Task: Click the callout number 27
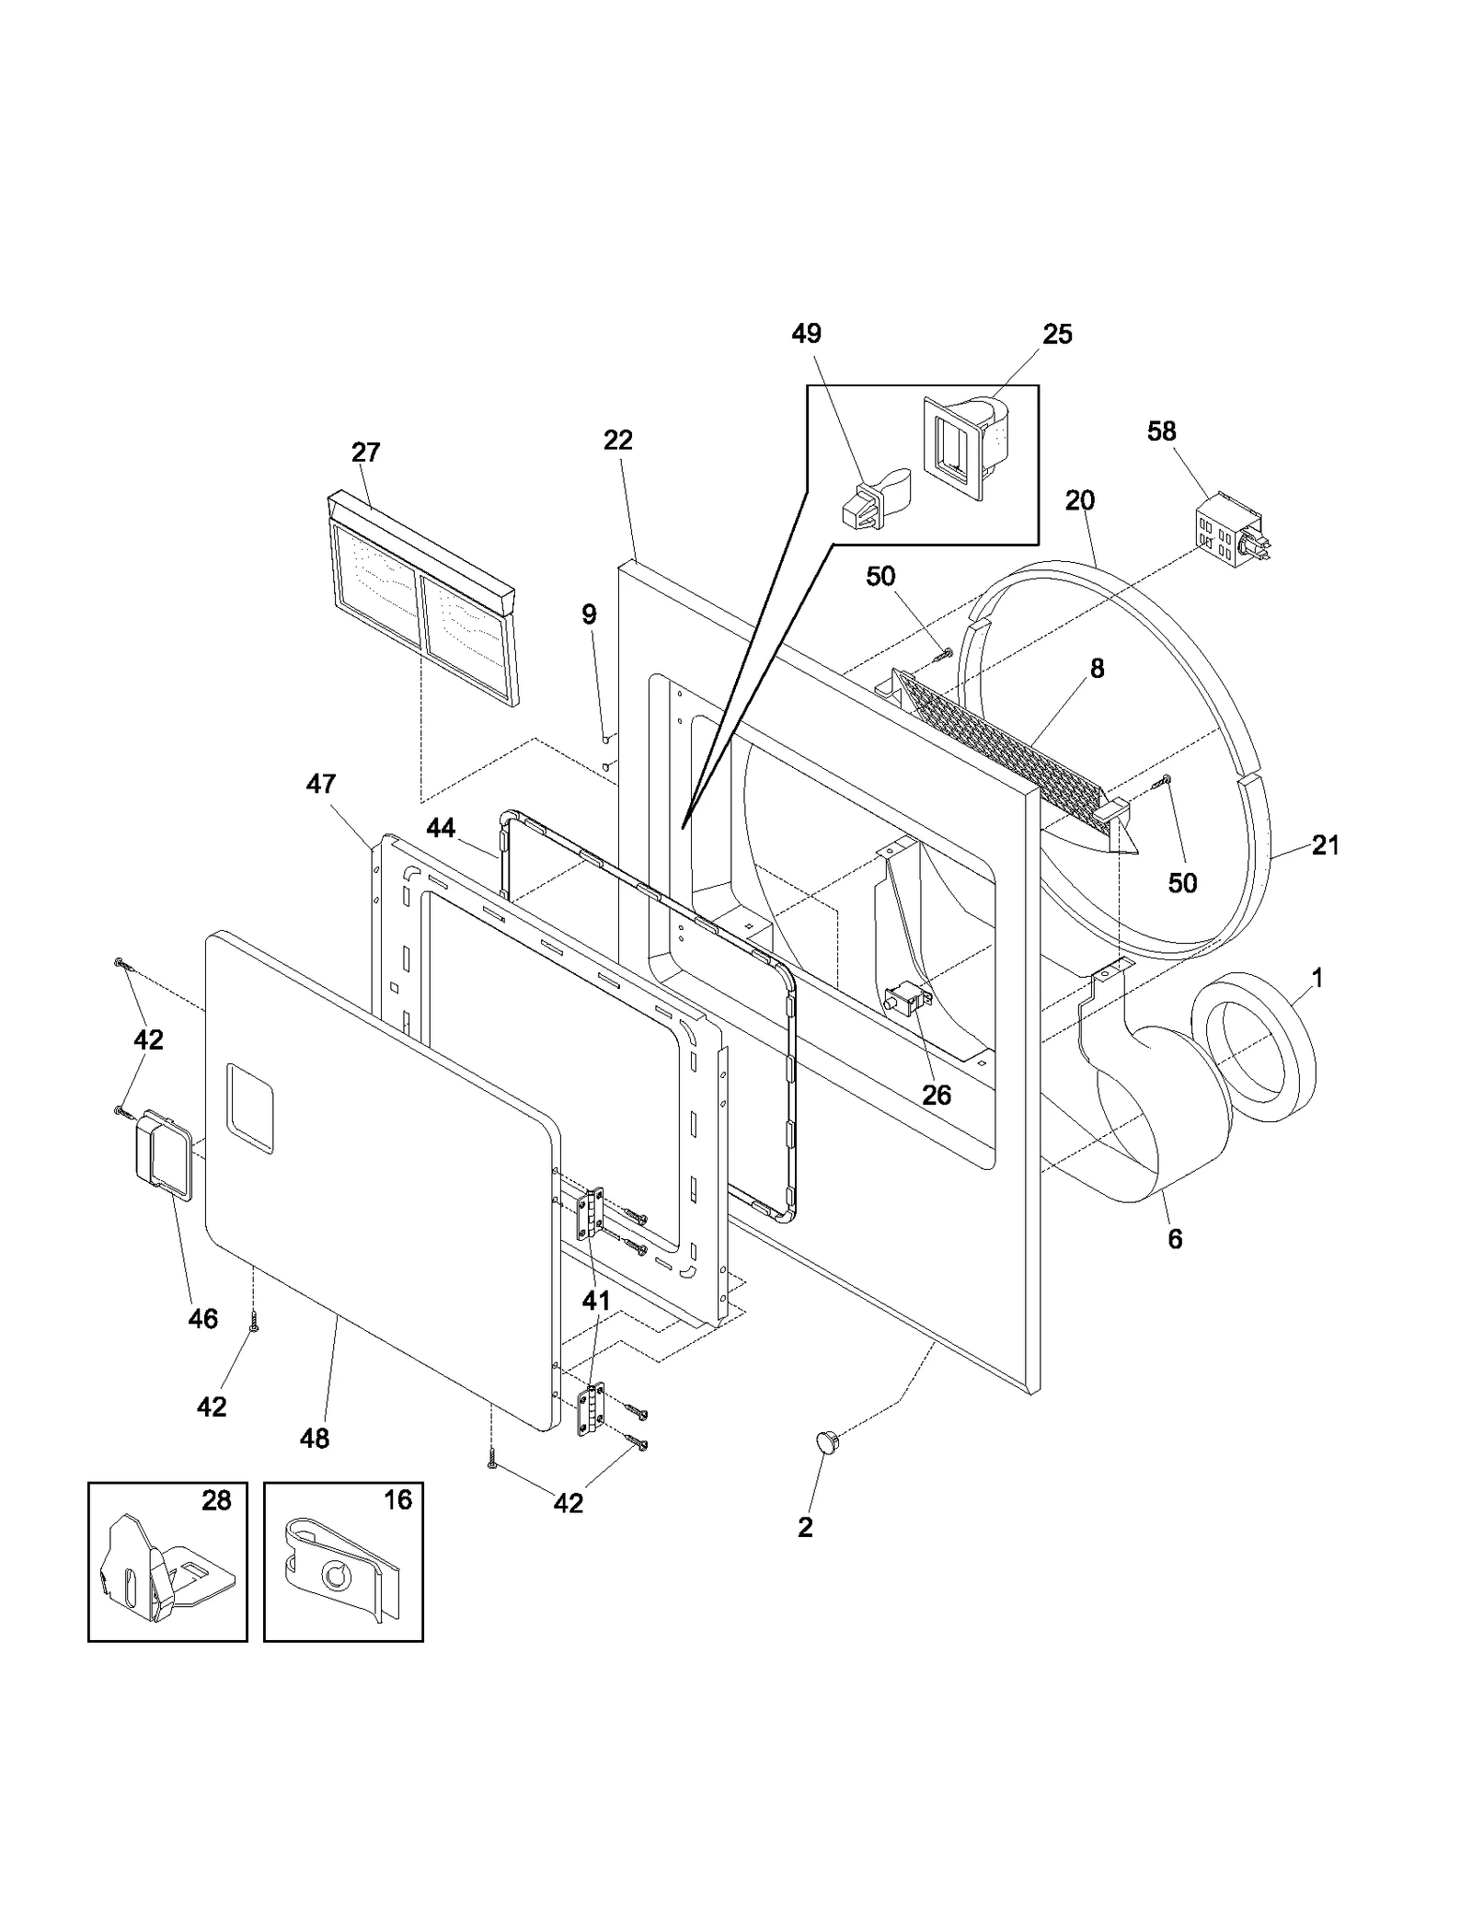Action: pyautogui.click(x=365, y=453)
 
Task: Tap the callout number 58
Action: pyautogui.click(x=1161, y=431)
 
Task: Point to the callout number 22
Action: pyautogui.click(x=618, y=441)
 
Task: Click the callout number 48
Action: pyautogui.click(x=315, y=1439)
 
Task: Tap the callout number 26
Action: pyautogui.click(x=937, y=1096)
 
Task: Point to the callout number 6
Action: pyautogui.click(x=1175, y=1239)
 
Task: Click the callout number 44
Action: pyautogui.click(x=441, y=828)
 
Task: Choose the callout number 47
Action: pyautogui.click(x=321, y=784)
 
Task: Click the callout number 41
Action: pyautogui.click(x=596, y=1301)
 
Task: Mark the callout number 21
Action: pyautogui.click(x=1325, y=844)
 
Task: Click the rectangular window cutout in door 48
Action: pyautogui.click(x=250, y=1108)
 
